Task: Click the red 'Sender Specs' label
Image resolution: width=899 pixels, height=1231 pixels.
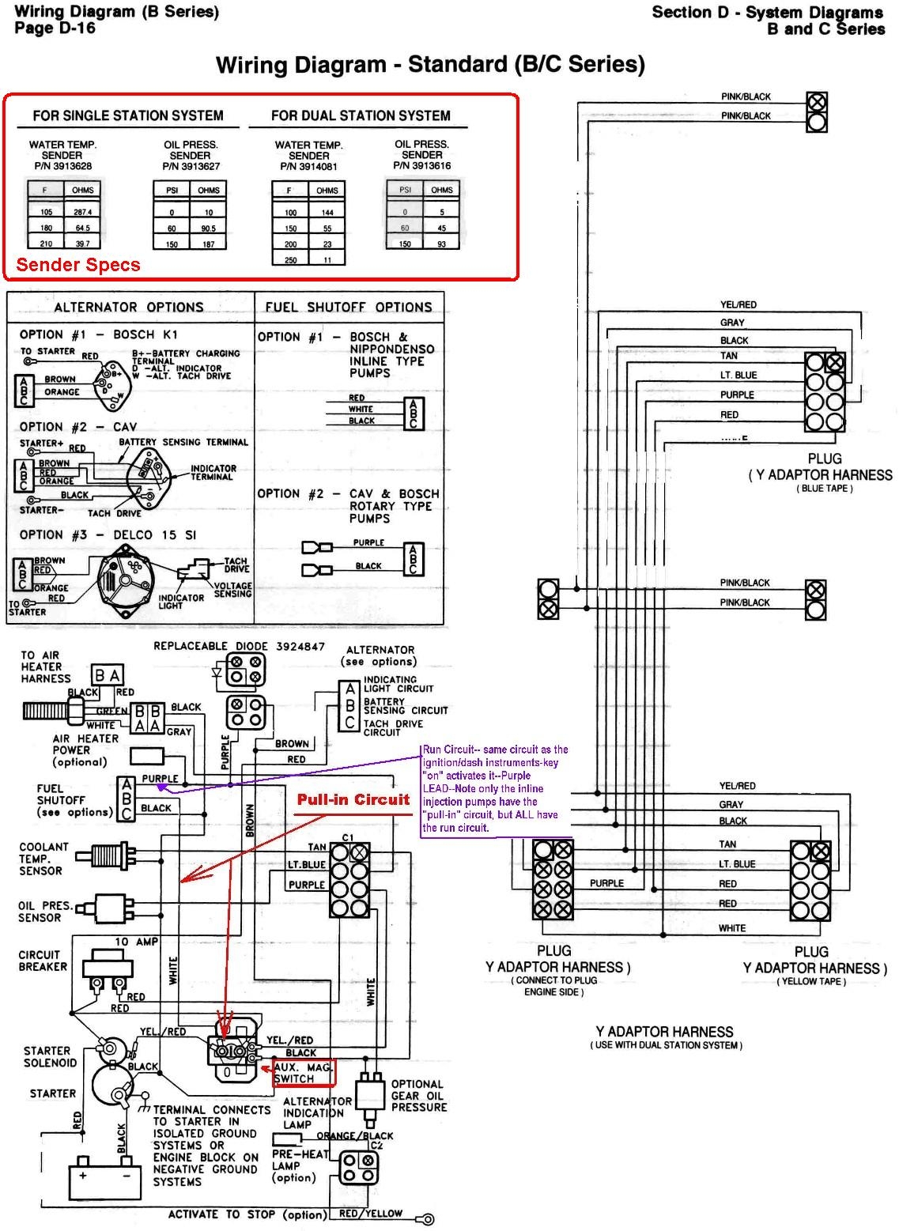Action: [77, 265]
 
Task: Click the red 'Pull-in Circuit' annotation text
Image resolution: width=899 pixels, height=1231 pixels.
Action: [353, 799]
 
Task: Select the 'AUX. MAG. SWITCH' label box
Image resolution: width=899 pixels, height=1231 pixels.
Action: [304, 1073]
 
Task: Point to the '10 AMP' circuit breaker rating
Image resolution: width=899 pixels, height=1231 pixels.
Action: [136, 942]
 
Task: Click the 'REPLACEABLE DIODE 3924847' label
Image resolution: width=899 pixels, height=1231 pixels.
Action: [239, 646]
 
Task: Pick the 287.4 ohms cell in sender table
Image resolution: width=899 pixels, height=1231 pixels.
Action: [82, 212]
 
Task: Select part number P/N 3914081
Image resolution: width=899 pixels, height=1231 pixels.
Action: [308, 167]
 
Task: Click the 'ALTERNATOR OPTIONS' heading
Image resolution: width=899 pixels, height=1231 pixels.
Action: [129, 307]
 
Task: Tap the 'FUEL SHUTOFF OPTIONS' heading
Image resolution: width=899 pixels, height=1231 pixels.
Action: [349, 307]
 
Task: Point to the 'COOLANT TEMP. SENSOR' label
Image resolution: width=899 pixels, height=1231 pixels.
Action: [43, 859]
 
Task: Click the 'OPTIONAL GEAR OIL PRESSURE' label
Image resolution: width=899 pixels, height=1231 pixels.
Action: [418, 1095]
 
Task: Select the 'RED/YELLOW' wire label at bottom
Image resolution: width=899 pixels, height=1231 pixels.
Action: [370, 1213]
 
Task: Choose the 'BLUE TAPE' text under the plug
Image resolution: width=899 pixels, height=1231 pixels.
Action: [824, 489]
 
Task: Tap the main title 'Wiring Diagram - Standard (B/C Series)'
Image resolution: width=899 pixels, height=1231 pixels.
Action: [430, 65]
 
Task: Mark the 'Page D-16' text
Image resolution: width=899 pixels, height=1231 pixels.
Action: [55, 28]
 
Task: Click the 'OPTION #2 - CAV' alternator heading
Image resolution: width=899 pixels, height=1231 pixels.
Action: [78, 427]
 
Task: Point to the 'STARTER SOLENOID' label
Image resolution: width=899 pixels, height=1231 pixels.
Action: [50, 1057]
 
